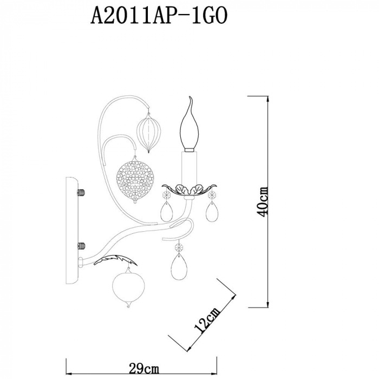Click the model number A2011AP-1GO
coord(159,15)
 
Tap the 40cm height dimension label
coord(262,202)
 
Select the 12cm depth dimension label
coord(207,321)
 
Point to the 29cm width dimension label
coord(144,369)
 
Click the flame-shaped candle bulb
coord(189,125)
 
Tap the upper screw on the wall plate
coord(81,192)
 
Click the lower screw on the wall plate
coord(81,246)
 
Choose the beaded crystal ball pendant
coord(135,180)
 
